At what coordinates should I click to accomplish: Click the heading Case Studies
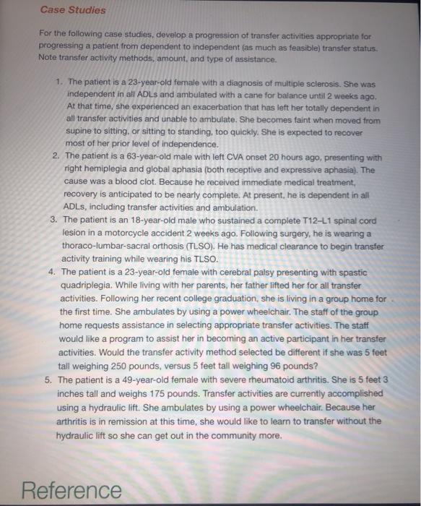pos(72,10)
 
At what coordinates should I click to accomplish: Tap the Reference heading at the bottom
pos(71,490)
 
